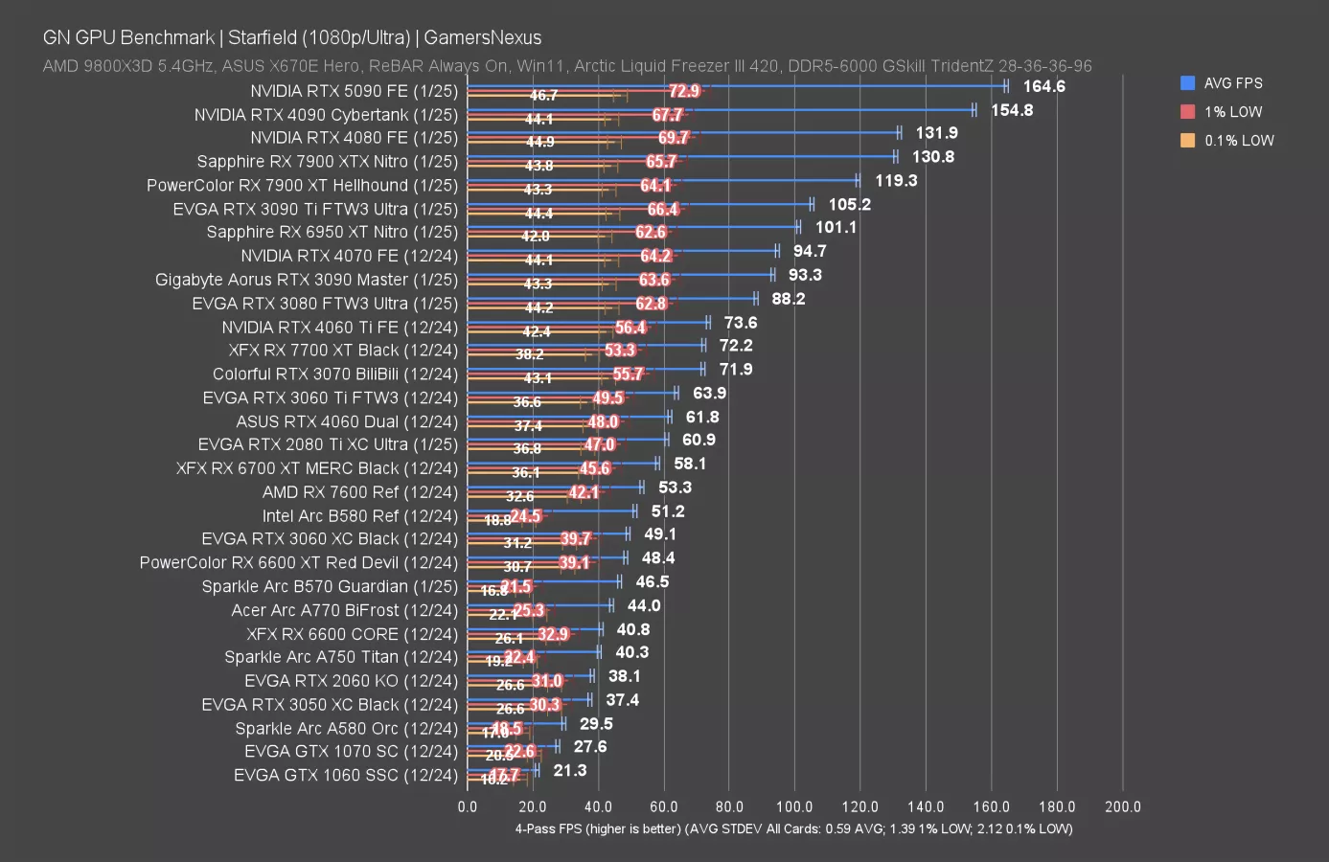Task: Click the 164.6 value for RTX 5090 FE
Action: [x=1043, y=86]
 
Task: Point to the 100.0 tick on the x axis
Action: [x=794, y=806]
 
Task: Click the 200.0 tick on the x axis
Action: [x=1122, y=806]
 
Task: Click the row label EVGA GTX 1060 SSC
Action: [x=345, y=775]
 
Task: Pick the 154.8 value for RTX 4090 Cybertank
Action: [x=1012, y=110]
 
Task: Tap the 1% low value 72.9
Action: [x=684, y=91]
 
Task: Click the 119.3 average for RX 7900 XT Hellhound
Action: [x=896, y=180]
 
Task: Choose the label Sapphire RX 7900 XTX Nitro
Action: [x=327, y=161]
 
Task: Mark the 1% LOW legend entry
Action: [x=1232, y=112]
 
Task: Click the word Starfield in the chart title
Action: [x=262, y=37]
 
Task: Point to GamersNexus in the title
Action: [x=482, y=37]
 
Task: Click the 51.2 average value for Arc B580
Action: [x=668, y=511]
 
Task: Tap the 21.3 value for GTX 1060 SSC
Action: [x=569, y=770]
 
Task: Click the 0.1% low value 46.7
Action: [x=543, y=96]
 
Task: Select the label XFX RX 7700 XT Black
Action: [x=343, y=350]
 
